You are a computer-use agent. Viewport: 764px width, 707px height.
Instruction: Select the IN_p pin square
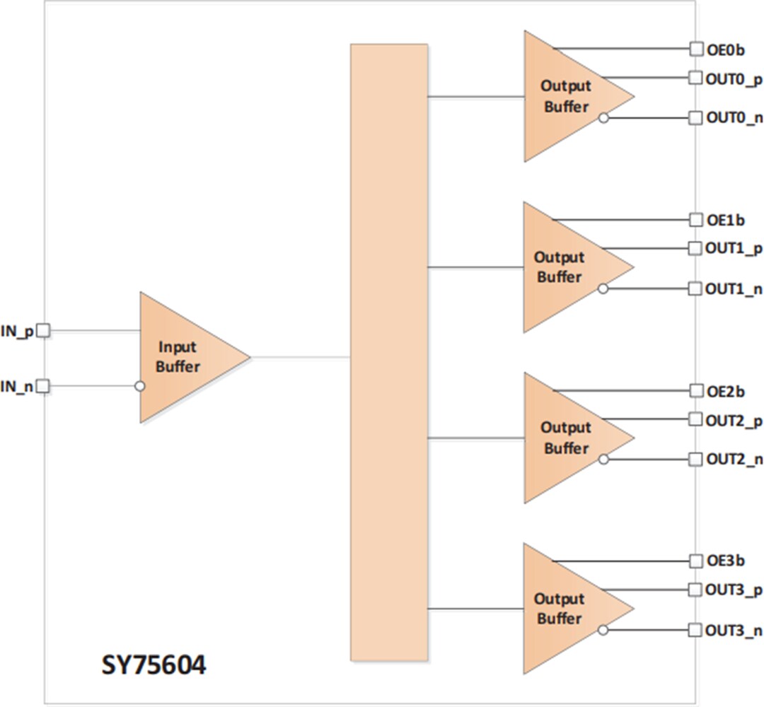click(x=43, y=330)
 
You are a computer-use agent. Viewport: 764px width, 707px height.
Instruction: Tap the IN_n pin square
click(x=43, y=386)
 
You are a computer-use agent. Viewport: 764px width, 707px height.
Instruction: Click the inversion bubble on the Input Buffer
click(x=140, y=386)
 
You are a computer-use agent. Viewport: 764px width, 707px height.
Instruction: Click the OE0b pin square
click(x=696, y=49)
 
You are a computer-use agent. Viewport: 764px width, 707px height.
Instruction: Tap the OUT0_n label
click(x=734, y=118)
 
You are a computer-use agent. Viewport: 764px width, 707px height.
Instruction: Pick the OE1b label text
click(x=726, y=221)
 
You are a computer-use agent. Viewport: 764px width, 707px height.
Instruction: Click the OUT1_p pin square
click(x=696, y=248)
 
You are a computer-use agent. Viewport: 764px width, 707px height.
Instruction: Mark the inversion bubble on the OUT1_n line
click(x=603, y=288)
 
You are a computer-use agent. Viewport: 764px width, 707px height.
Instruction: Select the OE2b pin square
click(x=696, y=391)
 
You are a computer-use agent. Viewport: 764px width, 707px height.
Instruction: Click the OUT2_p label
click(x=734, y=421)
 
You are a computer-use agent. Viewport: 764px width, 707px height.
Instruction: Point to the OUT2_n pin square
click(x=696, y=459)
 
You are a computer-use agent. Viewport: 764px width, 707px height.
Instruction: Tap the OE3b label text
click(x=726, y=561)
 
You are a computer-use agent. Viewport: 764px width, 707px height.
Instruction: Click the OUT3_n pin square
click(x=696, y=630)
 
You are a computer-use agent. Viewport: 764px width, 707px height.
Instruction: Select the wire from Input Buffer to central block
click(x=301, y=357)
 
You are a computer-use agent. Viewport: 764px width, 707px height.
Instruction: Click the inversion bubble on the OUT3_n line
click(x=603, y=630)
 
